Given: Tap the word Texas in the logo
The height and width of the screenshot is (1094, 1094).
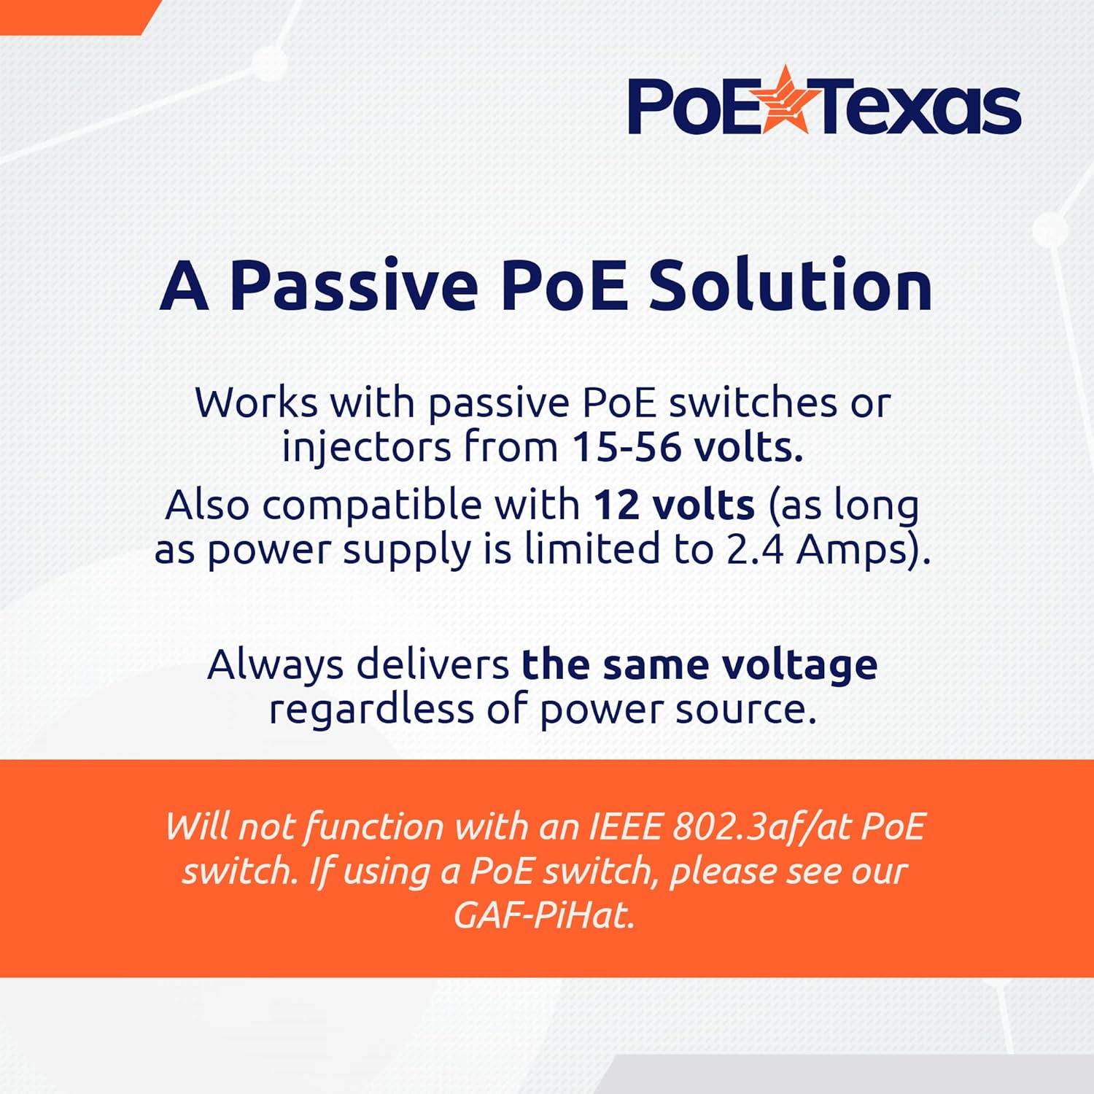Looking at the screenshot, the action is pos(920,107).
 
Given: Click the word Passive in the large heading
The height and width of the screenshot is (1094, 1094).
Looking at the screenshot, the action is pos(354,285).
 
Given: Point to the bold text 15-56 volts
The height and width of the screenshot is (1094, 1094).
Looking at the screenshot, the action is pos(687,446).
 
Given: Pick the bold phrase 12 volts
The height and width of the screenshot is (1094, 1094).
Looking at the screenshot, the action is pos(674,505).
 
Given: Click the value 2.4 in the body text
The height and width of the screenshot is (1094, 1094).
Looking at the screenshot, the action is pos(754,549).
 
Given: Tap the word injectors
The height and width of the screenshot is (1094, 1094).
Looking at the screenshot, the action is pos(367,448).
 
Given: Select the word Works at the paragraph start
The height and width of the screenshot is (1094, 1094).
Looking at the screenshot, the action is pos(257,403).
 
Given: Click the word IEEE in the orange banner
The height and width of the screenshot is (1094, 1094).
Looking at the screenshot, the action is pos(624,827).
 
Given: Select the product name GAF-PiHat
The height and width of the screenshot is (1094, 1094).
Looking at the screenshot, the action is pos(544,915).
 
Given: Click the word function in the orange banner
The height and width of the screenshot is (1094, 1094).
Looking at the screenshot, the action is pos(373,827).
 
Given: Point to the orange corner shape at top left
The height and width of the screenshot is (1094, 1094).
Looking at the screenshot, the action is pos(77,16).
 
